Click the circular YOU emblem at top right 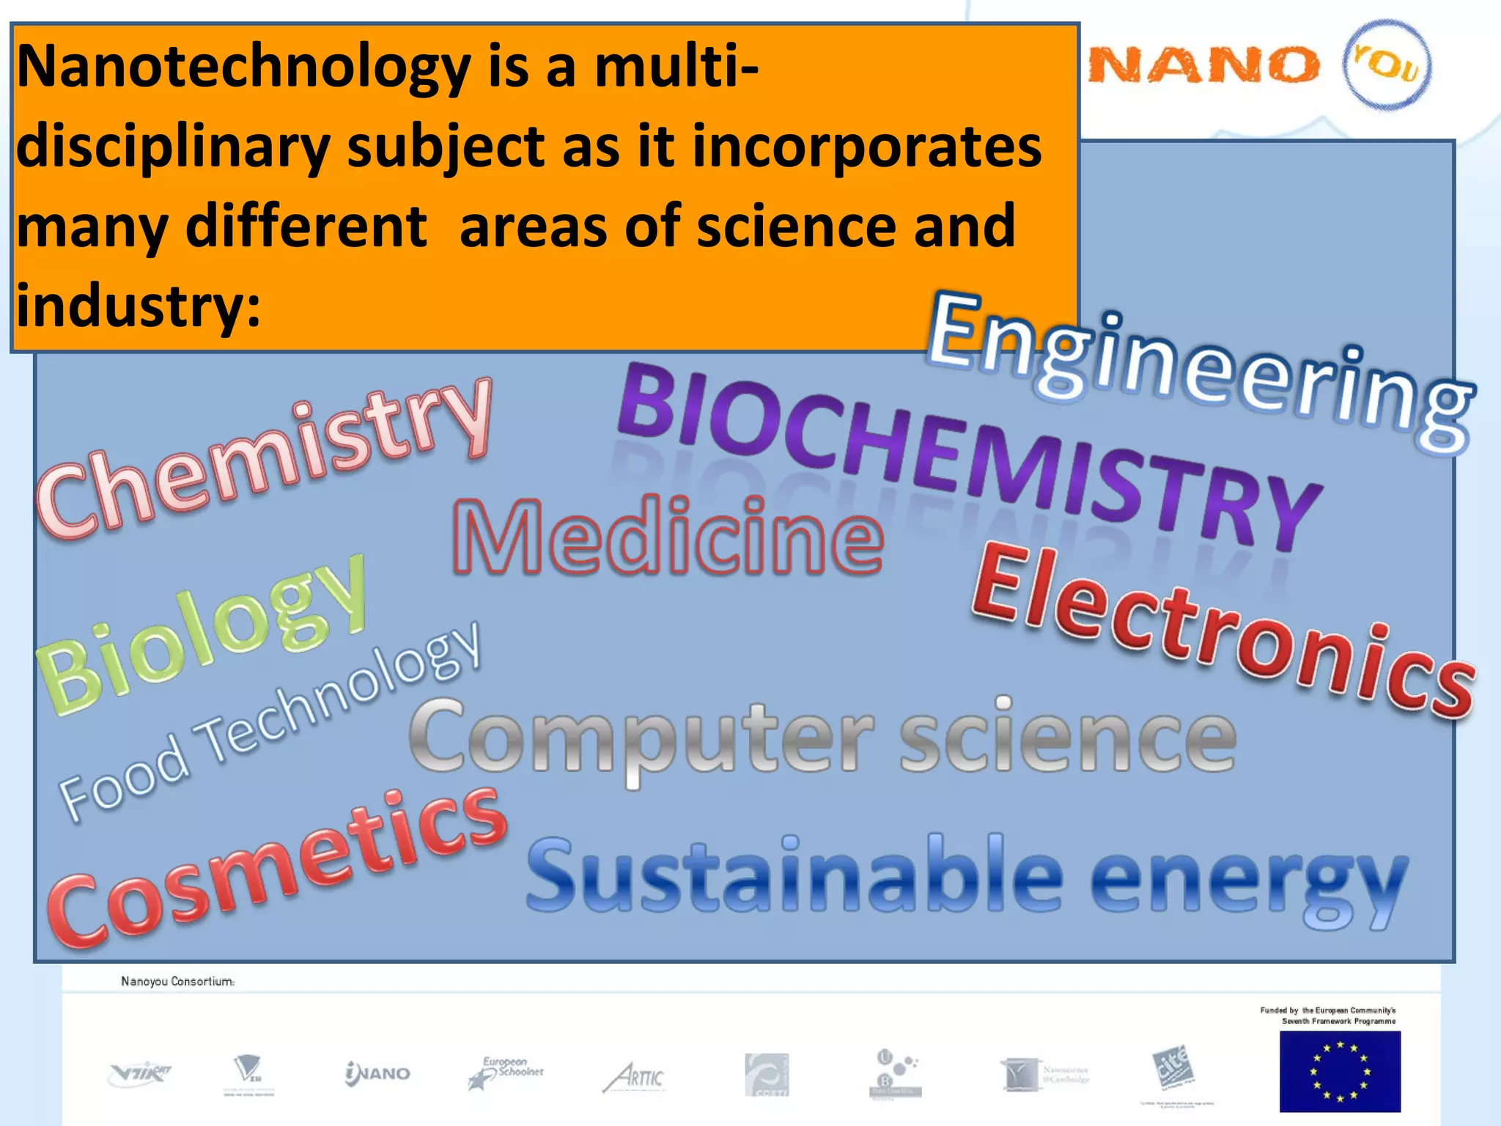[1387, 65]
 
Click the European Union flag [1340, 1071]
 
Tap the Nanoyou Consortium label [177, 982]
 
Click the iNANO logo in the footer [377, 1074]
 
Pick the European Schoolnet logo [506, 1072]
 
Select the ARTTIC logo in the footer [635, 1077]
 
